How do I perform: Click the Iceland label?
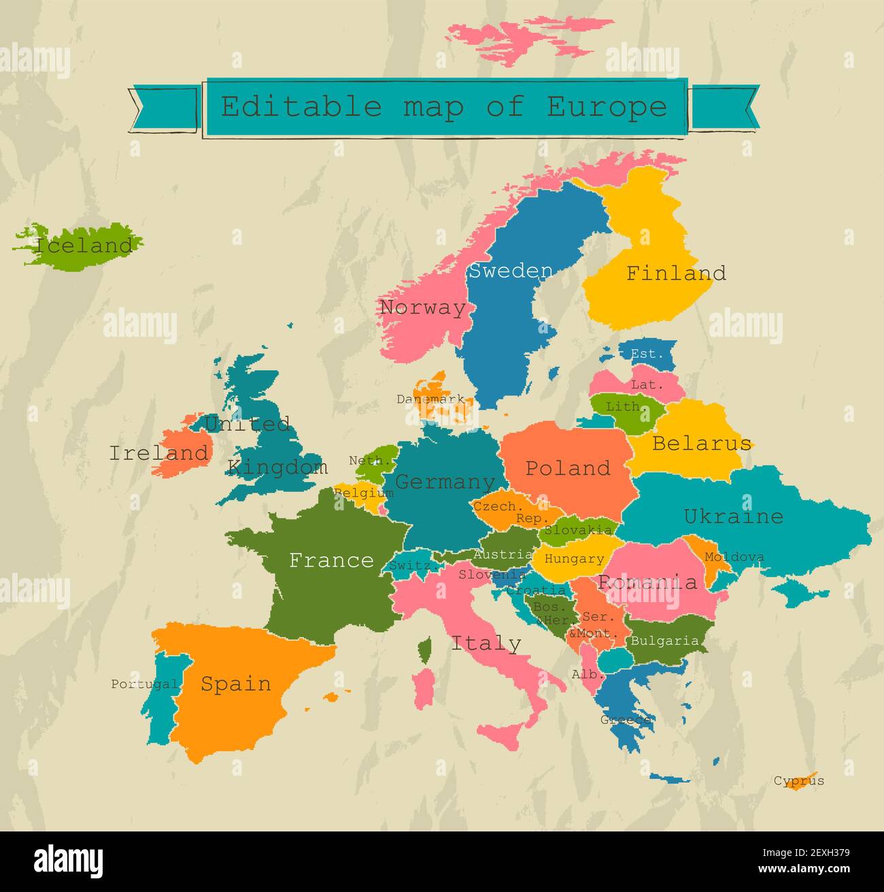click(83, 245)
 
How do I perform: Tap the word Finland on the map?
click(675, 273)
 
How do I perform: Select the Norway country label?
click(423, 308)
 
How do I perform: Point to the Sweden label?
click(511, 271)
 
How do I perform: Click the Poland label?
click(568, 468)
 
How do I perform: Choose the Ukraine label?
click(733, 516)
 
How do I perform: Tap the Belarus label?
click(702, 444)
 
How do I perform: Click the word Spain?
click(235, 684)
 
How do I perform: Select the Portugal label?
click(145, 684)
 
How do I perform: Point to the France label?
click(331, 560)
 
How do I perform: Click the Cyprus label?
click(799, 780)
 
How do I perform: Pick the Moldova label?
click(734, 557)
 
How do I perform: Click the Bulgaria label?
click(664, 641)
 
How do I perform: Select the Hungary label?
click(574, 559)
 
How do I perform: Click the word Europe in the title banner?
click(607, 107)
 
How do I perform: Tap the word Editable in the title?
click(301, 107)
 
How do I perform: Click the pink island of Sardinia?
click(424, 686)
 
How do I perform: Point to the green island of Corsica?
click(425, 649)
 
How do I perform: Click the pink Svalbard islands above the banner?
click(524, 39)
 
